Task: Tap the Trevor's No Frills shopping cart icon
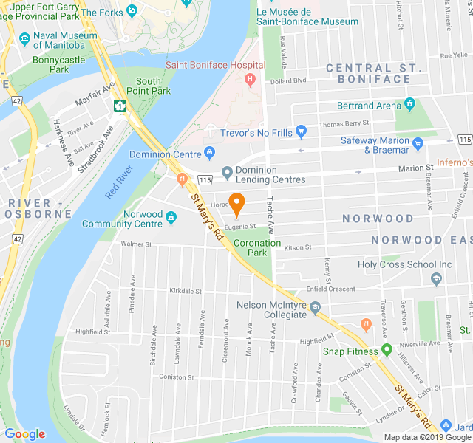[301, 131]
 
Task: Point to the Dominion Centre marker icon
[210, 154]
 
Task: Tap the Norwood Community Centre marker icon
[171, 217]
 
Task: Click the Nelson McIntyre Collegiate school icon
[316, 307]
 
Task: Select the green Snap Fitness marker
[387, 351]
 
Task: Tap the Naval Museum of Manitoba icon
[25, 38]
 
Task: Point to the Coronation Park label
[257, 247]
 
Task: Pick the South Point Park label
[153, 86]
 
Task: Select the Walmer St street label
[136, 244]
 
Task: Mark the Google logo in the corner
[25, 434]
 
